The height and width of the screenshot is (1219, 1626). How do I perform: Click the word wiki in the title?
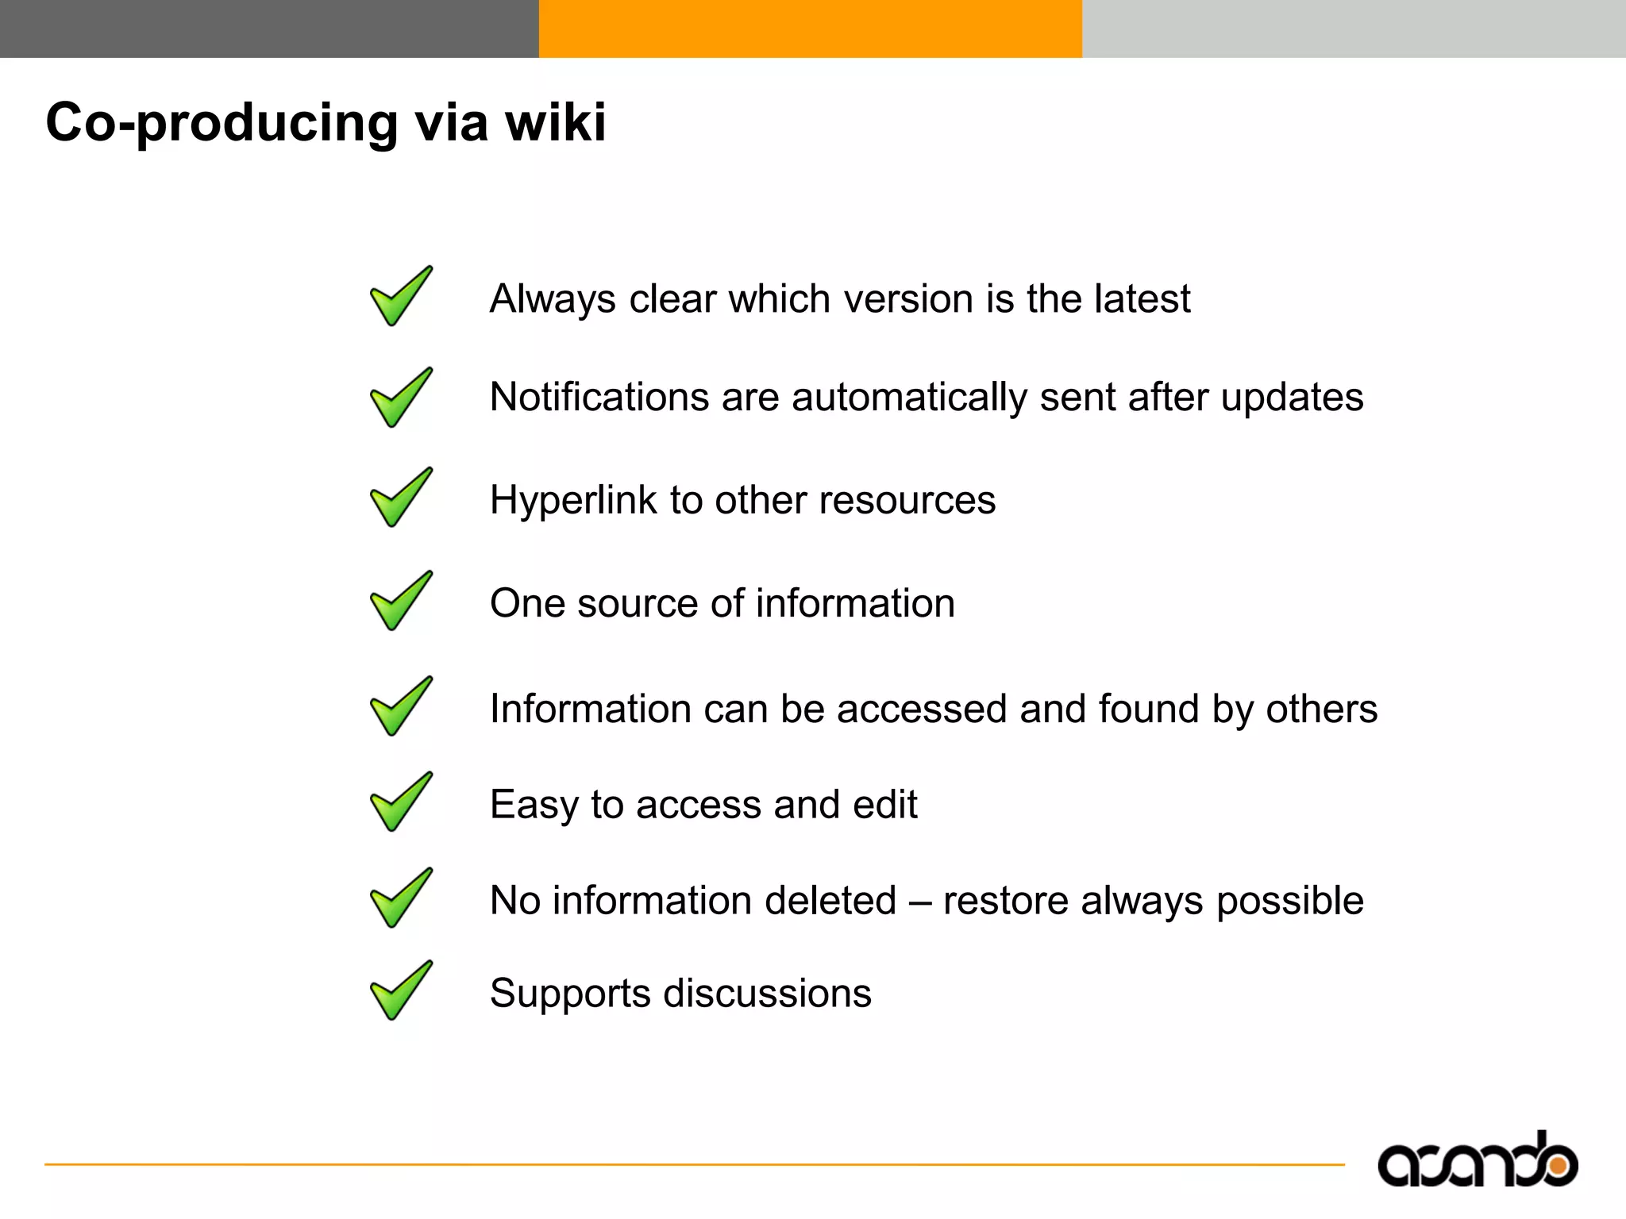tap(556, 123)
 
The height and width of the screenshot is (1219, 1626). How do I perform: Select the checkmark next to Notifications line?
tap(401, 398)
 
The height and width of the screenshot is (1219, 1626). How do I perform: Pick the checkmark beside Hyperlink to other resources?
tap(401, 498)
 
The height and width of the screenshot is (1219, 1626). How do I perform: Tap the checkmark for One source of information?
tap(401, 601)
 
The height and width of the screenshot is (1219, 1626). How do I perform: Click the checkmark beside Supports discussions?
tap(401, 990)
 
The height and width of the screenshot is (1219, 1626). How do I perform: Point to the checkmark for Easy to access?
tap(401, 802)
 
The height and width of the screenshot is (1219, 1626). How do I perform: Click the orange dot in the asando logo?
tap(1558, 1166)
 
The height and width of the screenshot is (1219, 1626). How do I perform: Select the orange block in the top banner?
tap(810, 29)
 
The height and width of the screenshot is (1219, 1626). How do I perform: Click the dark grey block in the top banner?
tap(269, 29)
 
